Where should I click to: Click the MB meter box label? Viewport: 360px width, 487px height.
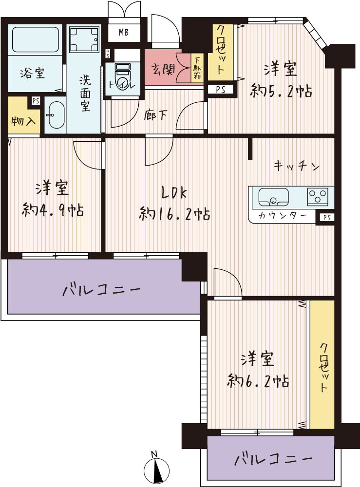(124, 32)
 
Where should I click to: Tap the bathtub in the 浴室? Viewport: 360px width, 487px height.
(36, 39)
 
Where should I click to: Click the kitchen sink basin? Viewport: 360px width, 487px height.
(274, 197)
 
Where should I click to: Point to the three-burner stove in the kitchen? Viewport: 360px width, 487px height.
(318, 197)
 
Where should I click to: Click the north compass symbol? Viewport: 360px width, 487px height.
(156, 469)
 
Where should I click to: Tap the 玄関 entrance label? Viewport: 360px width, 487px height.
(163, 69)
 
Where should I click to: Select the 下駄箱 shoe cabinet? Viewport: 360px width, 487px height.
(197, 68)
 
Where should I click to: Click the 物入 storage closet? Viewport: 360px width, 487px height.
(23, 115)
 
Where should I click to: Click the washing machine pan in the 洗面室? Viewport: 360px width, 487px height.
(84, 39)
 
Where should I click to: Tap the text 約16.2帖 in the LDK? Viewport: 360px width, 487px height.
(174, 214)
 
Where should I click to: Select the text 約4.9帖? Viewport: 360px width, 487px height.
(53, 210)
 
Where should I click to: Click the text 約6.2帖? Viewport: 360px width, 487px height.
(258, 381)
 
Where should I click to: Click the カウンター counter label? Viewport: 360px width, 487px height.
(283, 215)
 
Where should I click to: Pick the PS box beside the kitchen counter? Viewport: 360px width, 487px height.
(327, 217)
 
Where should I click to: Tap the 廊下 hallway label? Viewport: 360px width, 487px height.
(155, 115)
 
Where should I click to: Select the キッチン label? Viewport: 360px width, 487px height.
(297, 167)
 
